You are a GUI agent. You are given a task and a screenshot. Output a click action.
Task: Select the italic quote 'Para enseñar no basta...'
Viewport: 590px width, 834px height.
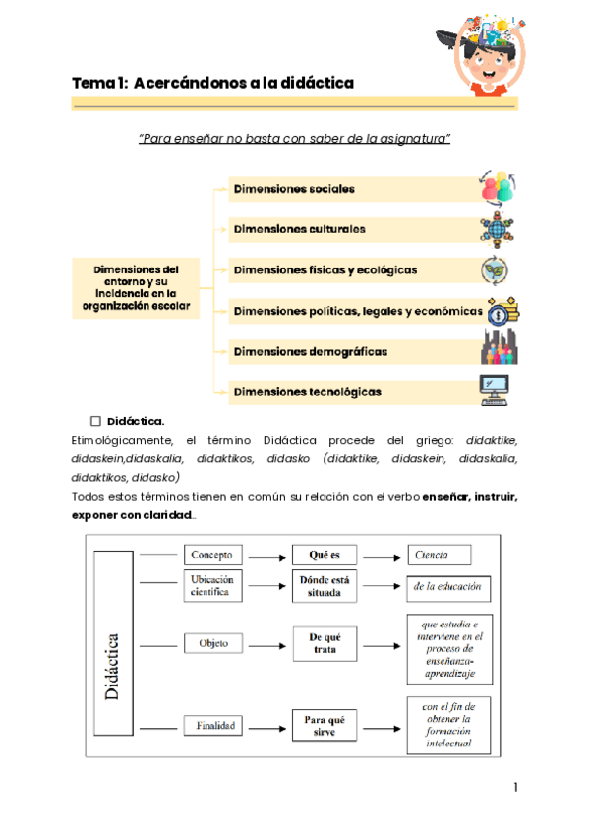pos(294,139)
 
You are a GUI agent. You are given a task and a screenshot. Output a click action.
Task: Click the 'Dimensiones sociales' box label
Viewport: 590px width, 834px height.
pos(294,188)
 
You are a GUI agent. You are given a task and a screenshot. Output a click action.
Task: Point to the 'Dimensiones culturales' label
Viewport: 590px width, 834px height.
pos(299,229)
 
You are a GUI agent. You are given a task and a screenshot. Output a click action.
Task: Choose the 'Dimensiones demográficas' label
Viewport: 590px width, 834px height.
pos(310,351)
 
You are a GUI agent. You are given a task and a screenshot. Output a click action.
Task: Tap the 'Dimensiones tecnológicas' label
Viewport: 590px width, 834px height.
pos(307,391)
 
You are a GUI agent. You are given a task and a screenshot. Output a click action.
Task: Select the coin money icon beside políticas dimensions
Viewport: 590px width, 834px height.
pos(502,311)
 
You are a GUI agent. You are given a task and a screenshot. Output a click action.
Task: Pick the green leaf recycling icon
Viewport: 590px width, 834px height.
pos(494,268)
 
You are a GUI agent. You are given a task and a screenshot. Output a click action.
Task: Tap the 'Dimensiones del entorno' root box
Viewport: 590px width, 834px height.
pos(135,286)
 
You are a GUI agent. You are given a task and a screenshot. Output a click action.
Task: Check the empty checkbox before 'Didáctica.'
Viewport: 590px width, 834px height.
pos(96,421)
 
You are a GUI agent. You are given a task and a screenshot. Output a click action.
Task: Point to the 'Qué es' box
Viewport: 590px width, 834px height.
pos(324,555)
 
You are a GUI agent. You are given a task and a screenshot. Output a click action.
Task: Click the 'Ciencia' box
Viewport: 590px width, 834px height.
pos(438,555)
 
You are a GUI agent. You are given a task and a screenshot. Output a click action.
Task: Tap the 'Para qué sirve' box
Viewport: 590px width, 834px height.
pos(324,726)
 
